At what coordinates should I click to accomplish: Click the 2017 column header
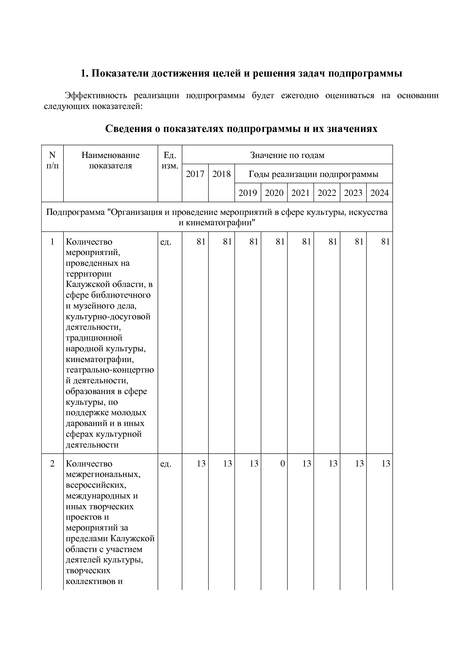195,174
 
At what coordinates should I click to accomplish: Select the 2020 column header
274,193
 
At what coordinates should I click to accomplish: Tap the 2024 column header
380,193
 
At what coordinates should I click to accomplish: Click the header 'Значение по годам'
287,155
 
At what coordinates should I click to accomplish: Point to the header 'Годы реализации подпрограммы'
313,174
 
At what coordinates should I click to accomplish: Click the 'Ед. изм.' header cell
170,161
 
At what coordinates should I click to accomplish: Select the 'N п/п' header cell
52,161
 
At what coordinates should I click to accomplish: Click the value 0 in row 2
283,464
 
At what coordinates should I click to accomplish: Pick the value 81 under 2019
254,242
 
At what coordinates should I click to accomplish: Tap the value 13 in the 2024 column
386,464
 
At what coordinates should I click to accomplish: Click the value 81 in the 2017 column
201,242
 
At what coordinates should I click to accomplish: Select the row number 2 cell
52,464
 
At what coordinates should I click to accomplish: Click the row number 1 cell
52,242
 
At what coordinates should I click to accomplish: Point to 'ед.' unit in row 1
165,242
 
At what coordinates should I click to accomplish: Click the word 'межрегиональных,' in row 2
103,474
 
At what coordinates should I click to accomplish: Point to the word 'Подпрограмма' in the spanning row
75,212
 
